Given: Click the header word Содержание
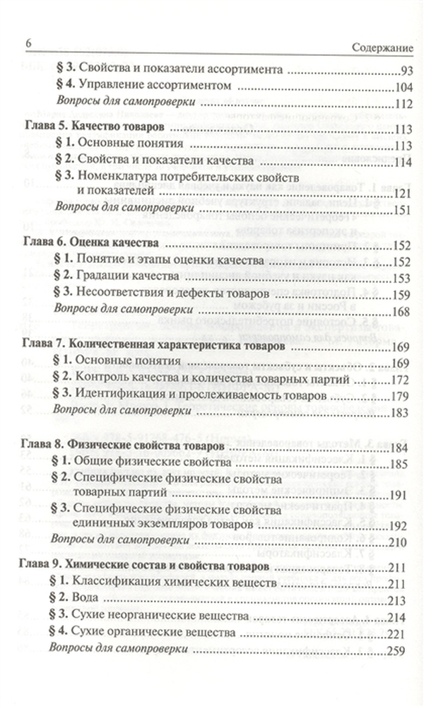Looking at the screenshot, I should (382, 47).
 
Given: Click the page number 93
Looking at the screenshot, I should (405, 71).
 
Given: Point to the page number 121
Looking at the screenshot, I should (401, 192).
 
